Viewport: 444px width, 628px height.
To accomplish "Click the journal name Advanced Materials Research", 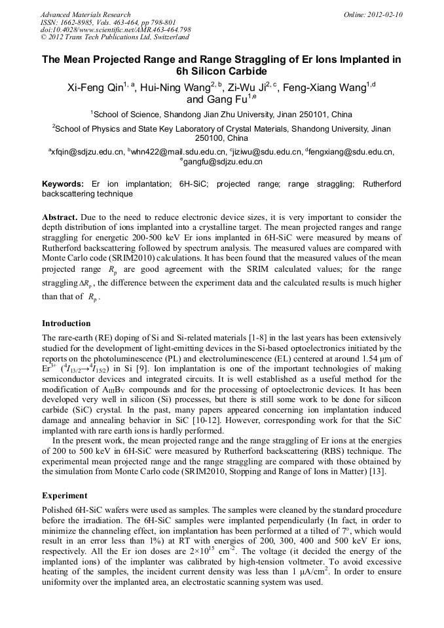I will (85, 14).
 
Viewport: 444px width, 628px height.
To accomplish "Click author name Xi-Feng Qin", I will (96, 87).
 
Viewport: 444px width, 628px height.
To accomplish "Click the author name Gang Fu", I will (229, 100).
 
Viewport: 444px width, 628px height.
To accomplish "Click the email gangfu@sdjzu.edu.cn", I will (223, 162).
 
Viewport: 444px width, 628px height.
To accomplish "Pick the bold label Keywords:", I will (63, 185).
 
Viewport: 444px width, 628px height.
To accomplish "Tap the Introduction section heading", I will (66, 323).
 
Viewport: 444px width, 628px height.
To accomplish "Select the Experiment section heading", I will (64, 496).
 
